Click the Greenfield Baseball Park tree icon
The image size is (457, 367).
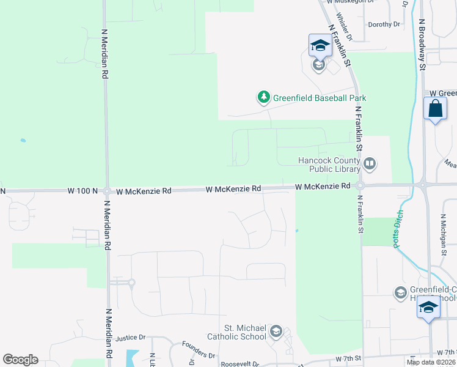264,97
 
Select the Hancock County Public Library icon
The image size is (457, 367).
370,163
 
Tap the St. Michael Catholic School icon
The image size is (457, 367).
275,332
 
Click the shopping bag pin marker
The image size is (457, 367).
435,109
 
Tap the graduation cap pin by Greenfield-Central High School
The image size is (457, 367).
429,307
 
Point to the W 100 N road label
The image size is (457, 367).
83,191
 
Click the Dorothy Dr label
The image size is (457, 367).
384,24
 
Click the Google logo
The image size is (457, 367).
20,360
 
